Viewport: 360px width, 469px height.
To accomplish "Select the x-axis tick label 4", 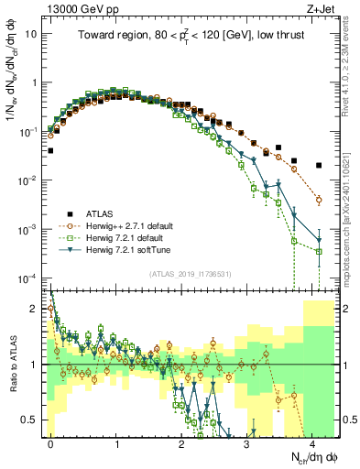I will [313, 443].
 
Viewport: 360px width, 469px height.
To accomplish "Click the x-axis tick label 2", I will [182, 443].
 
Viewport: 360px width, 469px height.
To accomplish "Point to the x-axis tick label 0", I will [51, 443].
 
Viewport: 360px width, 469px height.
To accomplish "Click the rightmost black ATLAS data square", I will [319, 166].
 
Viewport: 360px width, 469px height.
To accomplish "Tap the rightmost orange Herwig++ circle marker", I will [319, 199].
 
